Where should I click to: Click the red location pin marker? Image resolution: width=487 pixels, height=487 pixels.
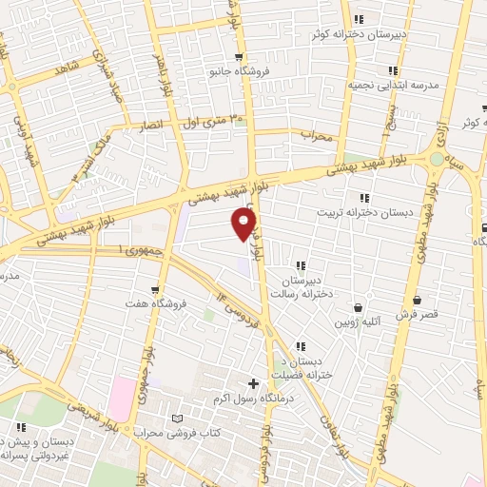pyautogui.click(x=243, y=224)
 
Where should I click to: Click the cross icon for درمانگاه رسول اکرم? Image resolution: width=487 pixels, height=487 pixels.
pyautogui.click(x=252, y=383)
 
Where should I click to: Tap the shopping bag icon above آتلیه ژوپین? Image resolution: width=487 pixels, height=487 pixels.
pyautogui.click(x=358, y=307)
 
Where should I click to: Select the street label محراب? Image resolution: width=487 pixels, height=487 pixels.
pyautogui.click(x=321, y=135)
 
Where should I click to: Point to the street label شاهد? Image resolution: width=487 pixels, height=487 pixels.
pyautogui.click(x=66, y=69)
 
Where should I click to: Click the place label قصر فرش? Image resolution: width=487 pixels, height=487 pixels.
pyautogui.click(x=416, y=314)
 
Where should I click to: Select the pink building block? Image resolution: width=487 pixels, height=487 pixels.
pyautogui.click(x=121, y=398)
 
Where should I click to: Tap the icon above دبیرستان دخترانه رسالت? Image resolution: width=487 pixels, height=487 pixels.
pyautogui.click(x=301, y=265)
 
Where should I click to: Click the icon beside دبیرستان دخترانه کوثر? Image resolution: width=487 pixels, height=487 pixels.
pyautogui.click(x=358, y=19)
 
